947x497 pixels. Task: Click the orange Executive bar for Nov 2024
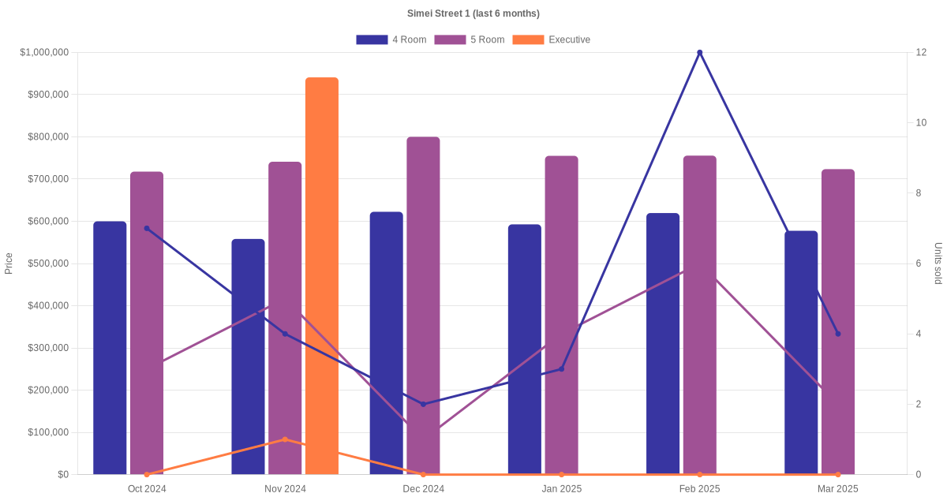322,276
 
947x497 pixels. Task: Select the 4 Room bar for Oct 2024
110,348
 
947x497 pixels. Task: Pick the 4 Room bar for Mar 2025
801,353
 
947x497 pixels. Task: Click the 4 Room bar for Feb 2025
663,344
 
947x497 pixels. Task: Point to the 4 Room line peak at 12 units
699,53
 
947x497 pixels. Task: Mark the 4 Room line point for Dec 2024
423,404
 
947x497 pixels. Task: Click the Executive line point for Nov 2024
285,439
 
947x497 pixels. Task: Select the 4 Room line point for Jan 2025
561,369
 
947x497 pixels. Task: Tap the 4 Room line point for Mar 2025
837,334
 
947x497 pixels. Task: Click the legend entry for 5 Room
469,39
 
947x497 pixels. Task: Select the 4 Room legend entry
391,39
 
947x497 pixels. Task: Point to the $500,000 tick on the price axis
47,263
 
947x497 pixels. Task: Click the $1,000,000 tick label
44,52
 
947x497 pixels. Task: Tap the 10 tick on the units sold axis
921,123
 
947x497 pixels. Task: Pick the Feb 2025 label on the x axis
699,488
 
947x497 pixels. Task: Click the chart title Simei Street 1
473,13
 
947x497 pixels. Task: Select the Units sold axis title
938,263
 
